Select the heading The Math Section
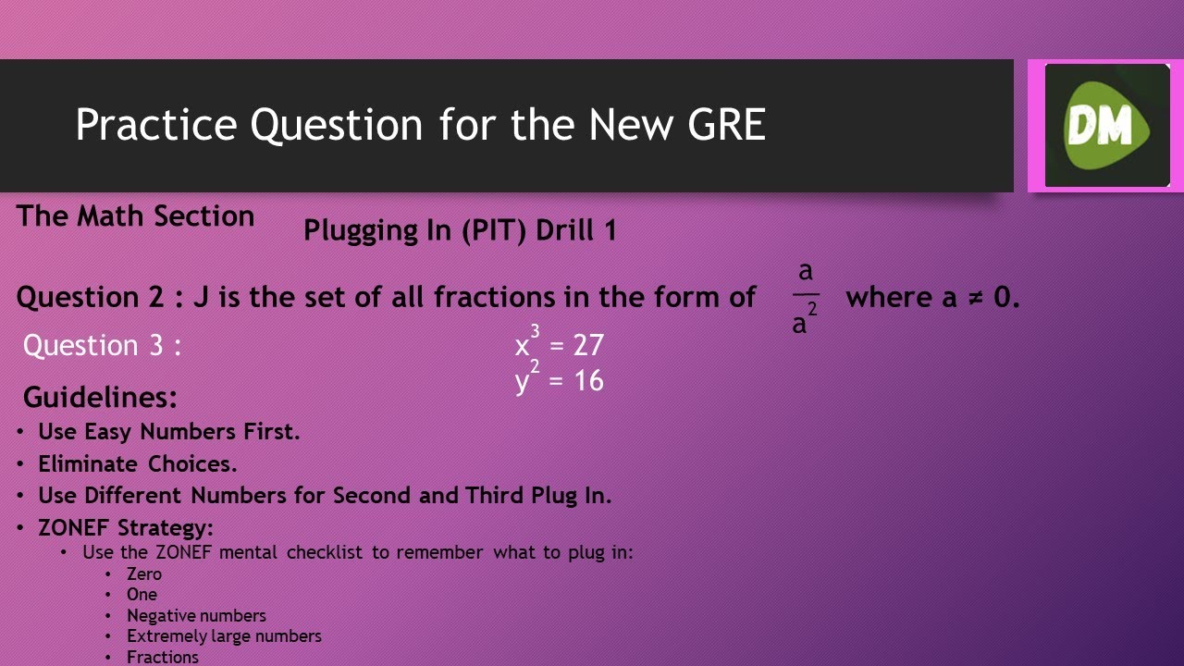(x=135, y=216)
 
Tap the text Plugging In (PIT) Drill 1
(x=460, y=230)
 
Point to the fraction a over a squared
(x=805, y=298)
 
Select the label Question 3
(x=102, y=346)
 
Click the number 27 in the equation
(x=588, y=346)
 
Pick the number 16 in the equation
(x=588, y=380)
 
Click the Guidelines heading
(x=100, y=398)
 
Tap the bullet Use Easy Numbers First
(x=169, y=432)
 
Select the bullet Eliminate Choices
(x=138, y=463)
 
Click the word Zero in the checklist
(x=144, y=573)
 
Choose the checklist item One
(x=142, y=594)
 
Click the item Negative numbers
(x=196, y=615)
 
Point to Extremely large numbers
(x=224, y=635)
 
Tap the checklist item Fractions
(x=163, y=657)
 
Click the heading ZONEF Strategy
(x=126, y=528)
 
